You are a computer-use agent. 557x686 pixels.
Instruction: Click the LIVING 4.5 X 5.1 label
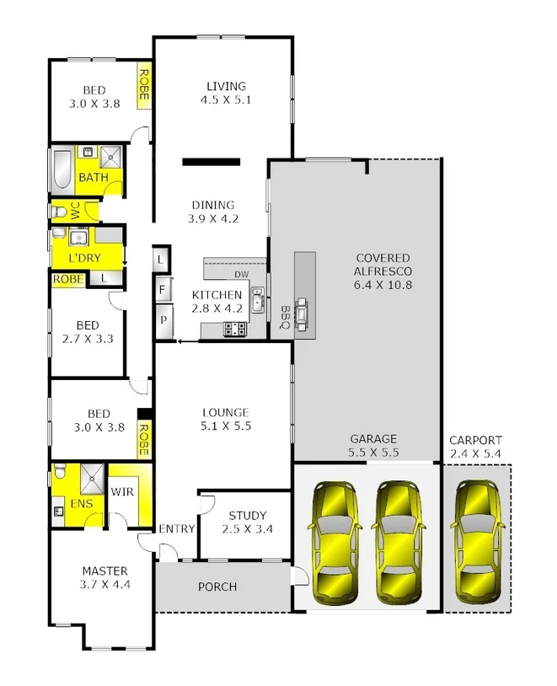(225, 93)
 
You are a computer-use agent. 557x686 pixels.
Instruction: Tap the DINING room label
(212, 212)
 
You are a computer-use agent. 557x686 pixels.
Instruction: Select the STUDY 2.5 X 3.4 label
(247, 523)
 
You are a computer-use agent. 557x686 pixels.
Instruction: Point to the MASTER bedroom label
(104, 576)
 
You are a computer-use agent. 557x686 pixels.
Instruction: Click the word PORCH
(217, 587)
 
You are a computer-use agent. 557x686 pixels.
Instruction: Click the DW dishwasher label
(240, 275)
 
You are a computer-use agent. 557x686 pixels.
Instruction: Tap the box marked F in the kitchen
(161, 291)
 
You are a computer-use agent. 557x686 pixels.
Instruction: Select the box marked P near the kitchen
(161, 321)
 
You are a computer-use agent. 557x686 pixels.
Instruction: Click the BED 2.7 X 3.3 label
(88, 332)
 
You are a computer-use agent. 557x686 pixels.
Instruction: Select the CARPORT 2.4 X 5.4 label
(475, 447)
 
